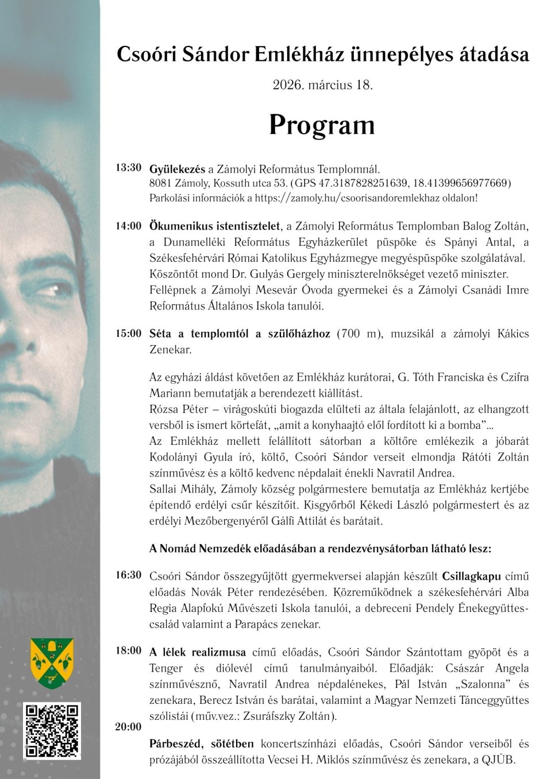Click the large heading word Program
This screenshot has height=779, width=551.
click(x=322, y=125)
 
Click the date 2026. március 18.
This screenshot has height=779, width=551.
click(x=322, y=85)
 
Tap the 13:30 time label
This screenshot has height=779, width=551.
click(x=128, y=168)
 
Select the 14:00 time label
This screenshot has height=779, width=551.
click(x=128, y=226)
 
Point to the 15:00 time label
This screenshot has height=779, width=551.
click(x=128, y=334)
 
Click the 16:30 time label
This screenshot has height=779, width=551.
click(x=128, y=575)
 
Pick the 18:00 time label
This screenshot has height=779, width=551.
click(x=128, y=651)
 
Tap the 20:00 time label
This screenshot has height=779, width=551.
click(x=128, y=727)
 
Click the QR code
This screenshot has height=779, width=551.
click(x=52, y=730)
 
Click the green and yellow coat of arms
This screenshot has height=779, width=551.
click(x=52, y=663)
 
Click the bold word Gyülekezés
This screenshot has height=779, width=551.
click(x=177, y=169)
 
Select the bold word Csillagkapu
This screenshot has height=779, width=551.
click(x=471, y=576)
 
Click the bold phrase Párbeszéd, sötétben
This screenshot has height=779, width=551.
click(x=201, y=744)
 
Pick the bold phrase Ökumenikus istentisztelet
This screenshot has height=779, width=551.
click(x=215, y=226)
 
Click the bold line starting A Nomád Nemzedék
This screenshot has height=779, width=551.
click(x=320, y=549)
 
